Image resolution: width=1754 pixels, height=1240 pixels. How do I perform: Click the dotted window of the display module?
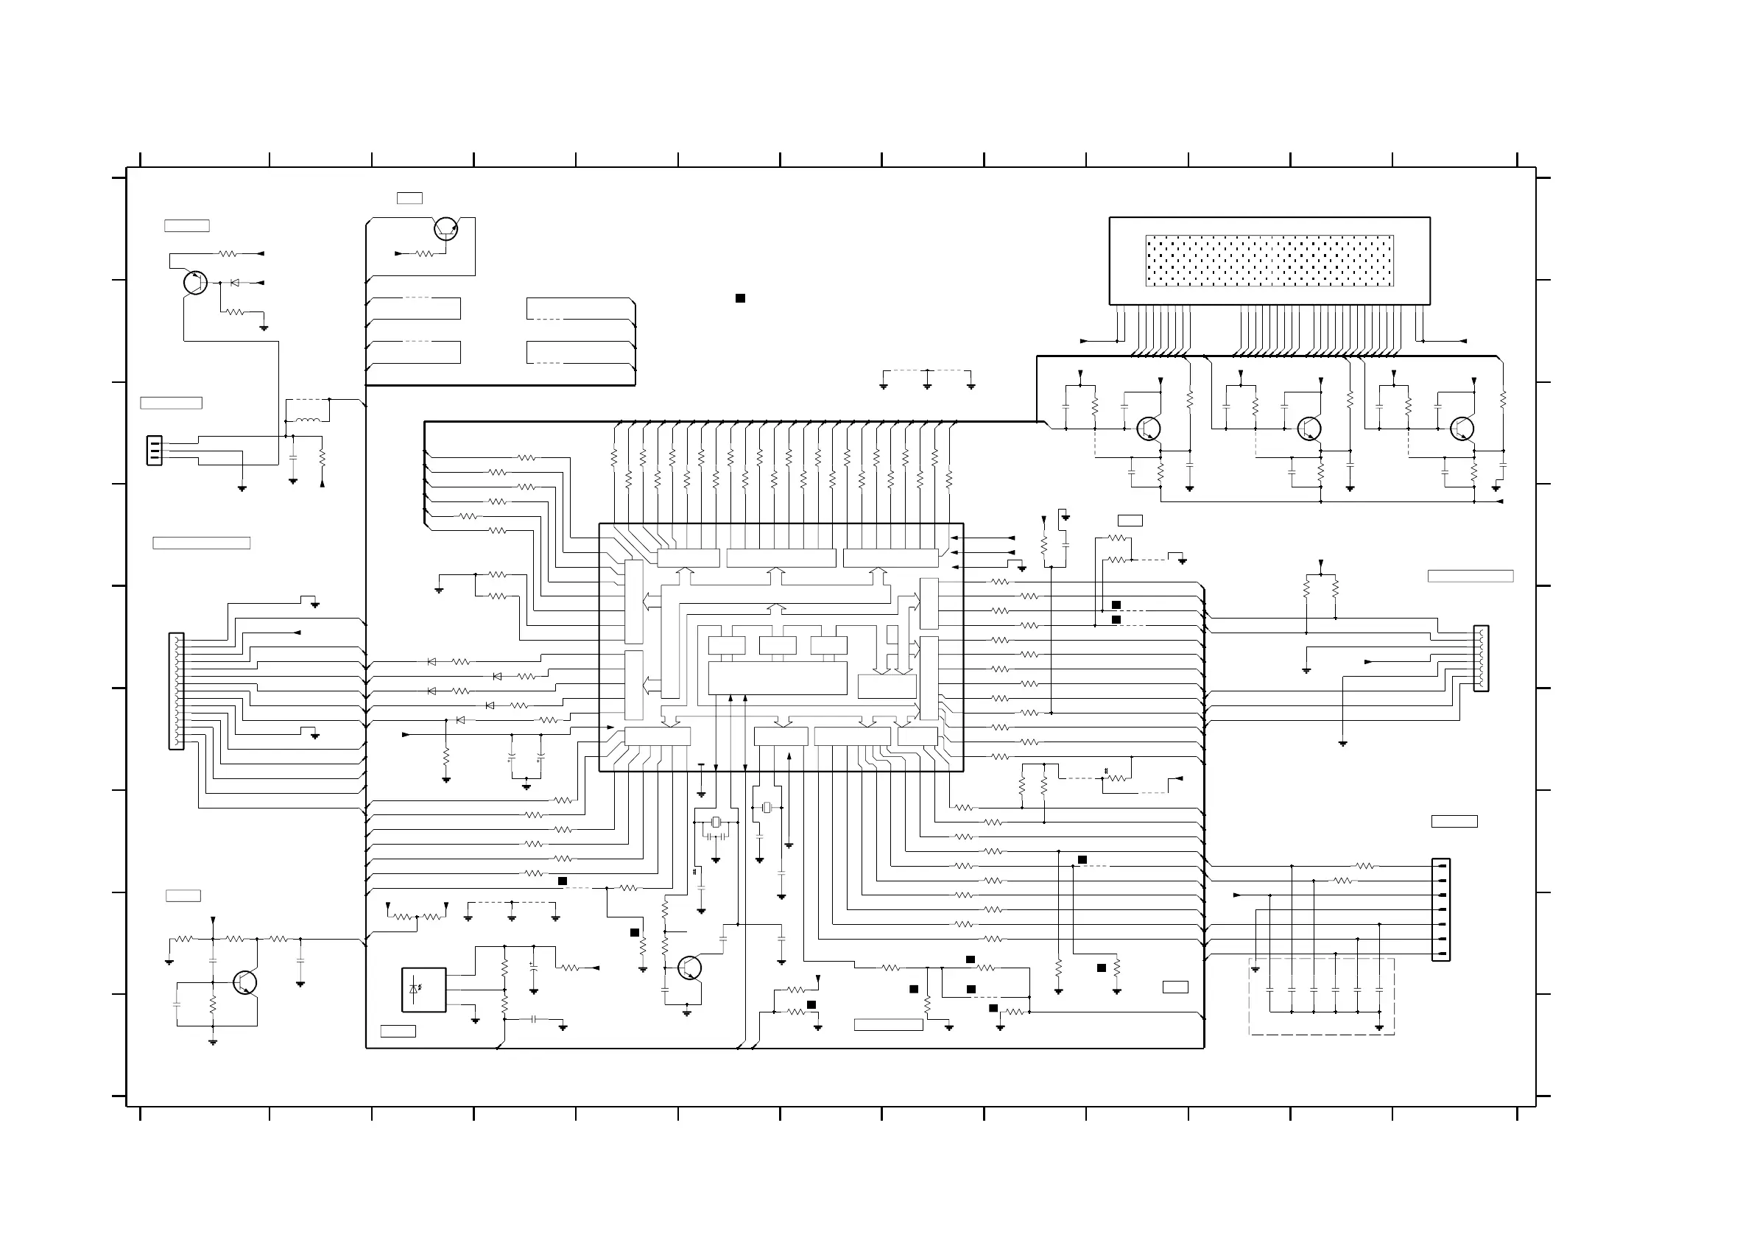(x=1269, y=261)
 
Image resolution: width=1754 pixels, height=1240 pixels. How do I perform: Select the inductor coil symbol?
(x=307, y=420)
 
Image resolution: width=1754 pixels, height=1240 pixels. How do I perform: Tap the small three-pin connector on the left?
(x=155, y=450)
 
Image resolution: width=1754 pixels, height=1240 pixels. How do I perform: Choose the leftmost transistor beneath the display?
(x=1148, y=429)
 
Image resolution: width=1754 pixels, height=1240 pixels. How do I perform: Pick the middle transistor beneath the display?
(x=1309, y=429)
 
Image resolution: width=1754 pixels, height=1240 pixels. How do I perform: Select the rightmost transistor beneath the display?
(x=1462, y=429)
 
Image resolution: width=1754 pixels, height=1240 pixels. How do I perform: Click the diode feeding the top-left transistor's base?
(x=234, y=283)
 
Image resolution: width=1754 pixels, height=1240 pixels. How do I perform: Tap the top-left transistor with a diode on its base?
(x=196, y=283)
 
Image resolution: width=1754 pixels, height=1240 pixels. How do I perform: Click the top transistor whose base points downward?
(x=445, y=228)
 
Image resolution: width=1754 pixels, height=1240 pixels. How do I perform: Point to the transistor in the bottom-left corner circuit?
(x=244, y=982)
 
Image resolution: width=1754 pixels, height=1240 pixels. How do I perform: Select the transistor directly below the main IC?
(x=689, y=968)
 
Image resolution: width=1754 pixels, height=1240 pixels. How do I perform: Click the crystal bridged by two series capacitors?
(x=715, y=822)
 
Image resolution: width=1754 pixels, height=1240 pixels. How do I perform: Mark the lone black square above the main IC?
(x=740, y=298)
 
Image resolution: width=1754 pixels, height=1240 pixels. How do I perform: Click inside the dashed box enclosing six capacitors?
(x=1322, y=996)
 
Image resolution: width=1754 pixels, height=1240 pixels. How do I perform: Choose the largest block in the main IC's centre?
(x=777, y=677)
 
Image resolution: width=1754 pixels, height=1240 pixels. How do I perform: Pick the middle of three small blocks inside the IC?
(x=777, y=646)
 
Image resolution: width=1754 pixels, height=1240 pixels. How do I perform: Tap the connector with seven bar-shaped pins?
(x=1441, y=909)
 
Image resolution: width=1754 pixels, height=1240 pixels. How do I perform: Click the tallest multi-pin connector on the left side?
(x=177, y=691)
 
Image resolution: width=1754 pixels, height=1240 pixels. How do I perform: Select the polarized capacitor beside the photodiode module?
(x=533, y=967)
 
